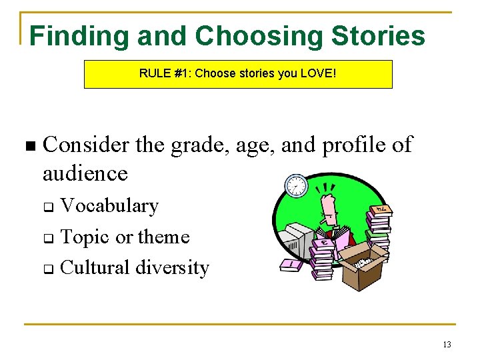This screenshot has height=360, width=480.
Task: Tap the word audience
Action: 85,173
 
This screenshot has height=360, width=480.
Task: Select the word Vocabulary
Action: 109,206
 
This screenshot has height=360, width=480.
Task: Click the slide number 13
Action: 446,344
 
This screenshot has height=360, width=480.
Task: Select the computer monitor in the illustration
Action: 295,240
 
